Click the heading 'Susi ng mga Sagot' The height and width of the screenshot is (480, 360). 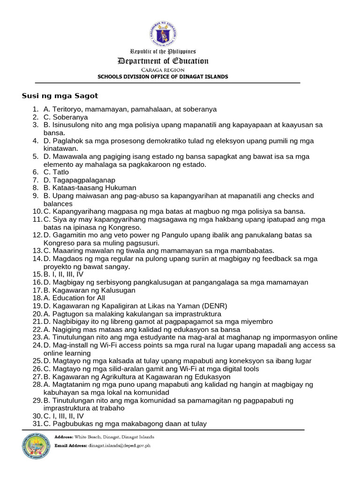(60, 96)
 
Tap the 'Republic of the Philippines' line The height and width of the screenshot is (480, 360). (163, 52)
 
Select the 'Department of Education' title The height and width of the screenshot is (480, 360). (163, 61)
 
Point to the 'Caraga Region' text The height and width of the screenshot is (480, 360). (163, 70)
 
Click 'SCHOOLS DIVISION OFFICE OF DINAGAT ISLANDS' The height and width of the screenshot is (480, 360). (163, 76)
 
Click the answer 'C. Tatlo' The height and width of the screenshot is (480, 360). (56, 172)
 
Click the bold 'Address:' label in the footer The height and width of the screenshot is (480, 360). (64, 437)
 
